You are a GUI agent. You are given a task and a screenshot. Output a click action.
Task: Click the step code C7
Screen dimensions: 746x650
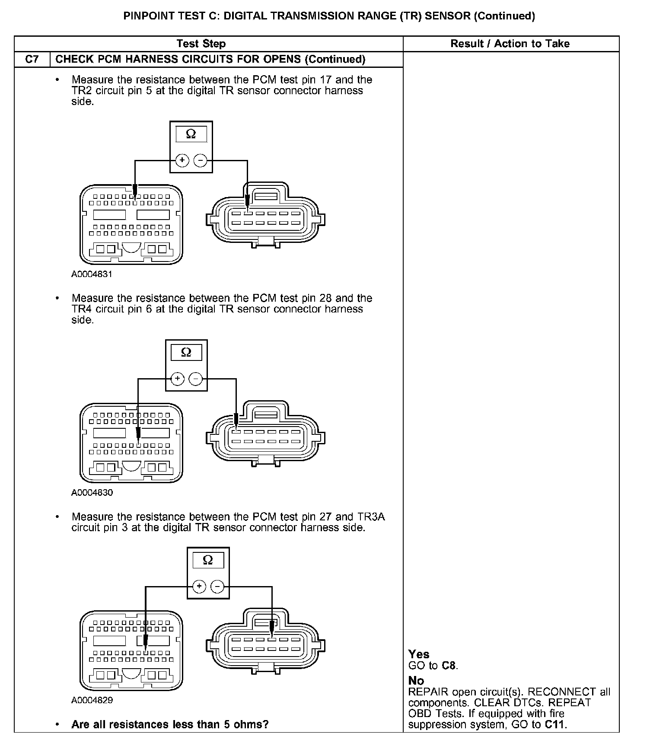pos(32,59)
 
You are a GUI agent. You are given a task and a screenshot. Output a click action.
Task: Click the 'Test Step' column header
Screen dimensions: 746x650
pos(201,44)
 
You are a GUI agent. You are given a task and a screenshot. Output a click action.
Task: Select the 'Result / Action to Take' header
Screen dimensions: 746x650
pos(510,44)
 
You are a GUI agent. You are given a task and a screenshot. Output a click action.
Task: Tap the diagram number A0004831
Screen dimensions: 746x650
pos(92,274)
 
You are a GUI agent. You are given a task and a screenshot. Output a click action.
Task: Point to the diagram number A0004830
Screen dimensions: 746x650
pos(92,492)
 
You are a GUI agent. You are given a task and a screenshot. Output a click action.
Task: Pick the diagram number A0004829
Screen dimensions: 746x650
pos(92,700)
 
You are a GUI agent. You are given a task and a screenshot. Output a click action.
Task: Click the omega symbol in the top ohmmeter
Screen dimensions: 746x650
pos(191,134)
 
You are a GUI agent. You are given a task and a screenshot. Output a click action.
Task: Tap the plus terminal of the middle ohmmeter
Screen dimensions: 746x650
pos(177,379)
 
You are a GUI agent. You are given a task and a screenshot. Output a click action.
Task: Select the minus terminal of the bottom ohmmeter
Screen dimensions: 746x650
pos(217,587)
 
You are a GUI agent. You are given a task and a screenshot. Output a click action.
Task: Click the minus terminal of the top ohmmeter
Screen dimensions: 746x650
pos(200,160)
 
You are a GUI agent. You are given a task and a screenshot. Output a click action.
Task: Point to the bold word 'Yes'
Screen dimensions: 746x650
pos(419,654)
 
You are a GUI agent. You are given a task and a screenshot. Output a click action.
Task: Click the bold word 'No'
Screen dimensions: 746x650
pos(416,681)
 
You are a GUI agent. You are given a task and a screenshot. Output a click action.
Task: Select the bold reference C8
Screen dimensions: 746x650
pos(449,666)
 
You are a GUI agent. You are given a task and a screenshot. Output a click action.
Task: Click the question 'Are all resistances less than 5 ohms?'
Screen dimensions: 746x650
pos(170,724)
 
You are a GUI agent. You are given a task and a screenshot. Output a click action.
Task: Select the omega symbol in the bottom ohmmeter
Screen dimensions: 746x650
pos(208,560)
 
